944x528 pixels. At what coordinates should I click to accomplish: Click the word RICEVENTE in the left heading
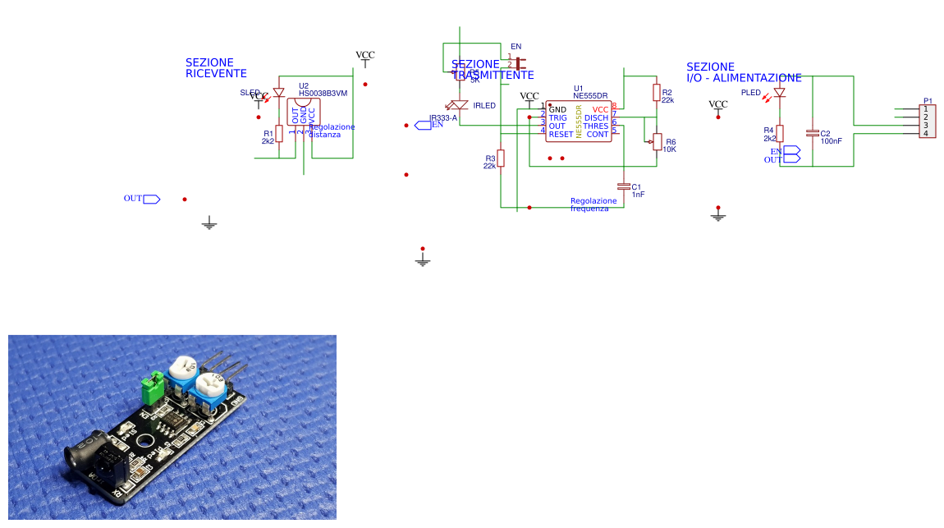tap(209, 74)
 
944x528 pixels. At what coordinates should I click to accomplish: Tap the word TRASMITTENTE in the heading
tap(493, 75)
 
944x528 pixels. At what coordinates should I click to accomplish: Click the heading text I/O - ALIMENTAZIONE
tap(744, 78)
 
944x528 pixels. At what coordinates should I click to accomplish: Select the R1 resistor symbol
tap(279, 133)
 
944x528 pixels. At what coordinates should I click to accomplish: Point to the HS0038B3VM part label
tap(323, 94)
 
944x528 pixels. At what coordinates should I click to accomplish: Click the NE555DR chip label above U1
tap(590, 96)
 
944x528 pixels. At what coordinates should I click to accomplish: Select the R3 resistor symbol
tap(501, 158)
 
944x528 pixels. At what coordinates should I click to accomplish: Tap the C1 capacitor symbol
tap(623, 186)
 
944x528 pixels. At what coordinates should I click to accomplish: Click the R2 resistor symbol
tap(656, 92)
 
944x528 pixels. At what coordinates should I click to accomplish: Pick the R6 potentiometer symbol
tap(656, 143)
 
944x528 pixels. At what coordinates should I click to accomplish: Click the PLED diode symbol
tap(779, 93)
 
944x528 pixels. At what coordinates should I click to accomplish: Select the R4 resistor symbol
tap(780, 133)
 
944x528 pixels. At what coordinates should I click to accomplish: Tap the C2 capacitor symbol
tap(813, 133)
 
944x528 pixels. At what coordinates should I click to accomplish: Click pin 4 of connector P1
tap(926, 134)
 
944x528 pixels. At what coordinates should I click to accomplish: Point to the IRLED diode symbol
tap(459, 105)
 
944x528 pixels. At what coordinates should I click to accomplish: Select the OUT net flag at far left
tap(151, 199)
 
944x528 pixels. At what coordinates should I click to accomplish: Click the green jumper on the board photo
tap(152, 388)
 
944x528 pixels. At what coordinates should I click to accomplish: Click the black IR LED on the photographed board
tap(82, 452)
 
